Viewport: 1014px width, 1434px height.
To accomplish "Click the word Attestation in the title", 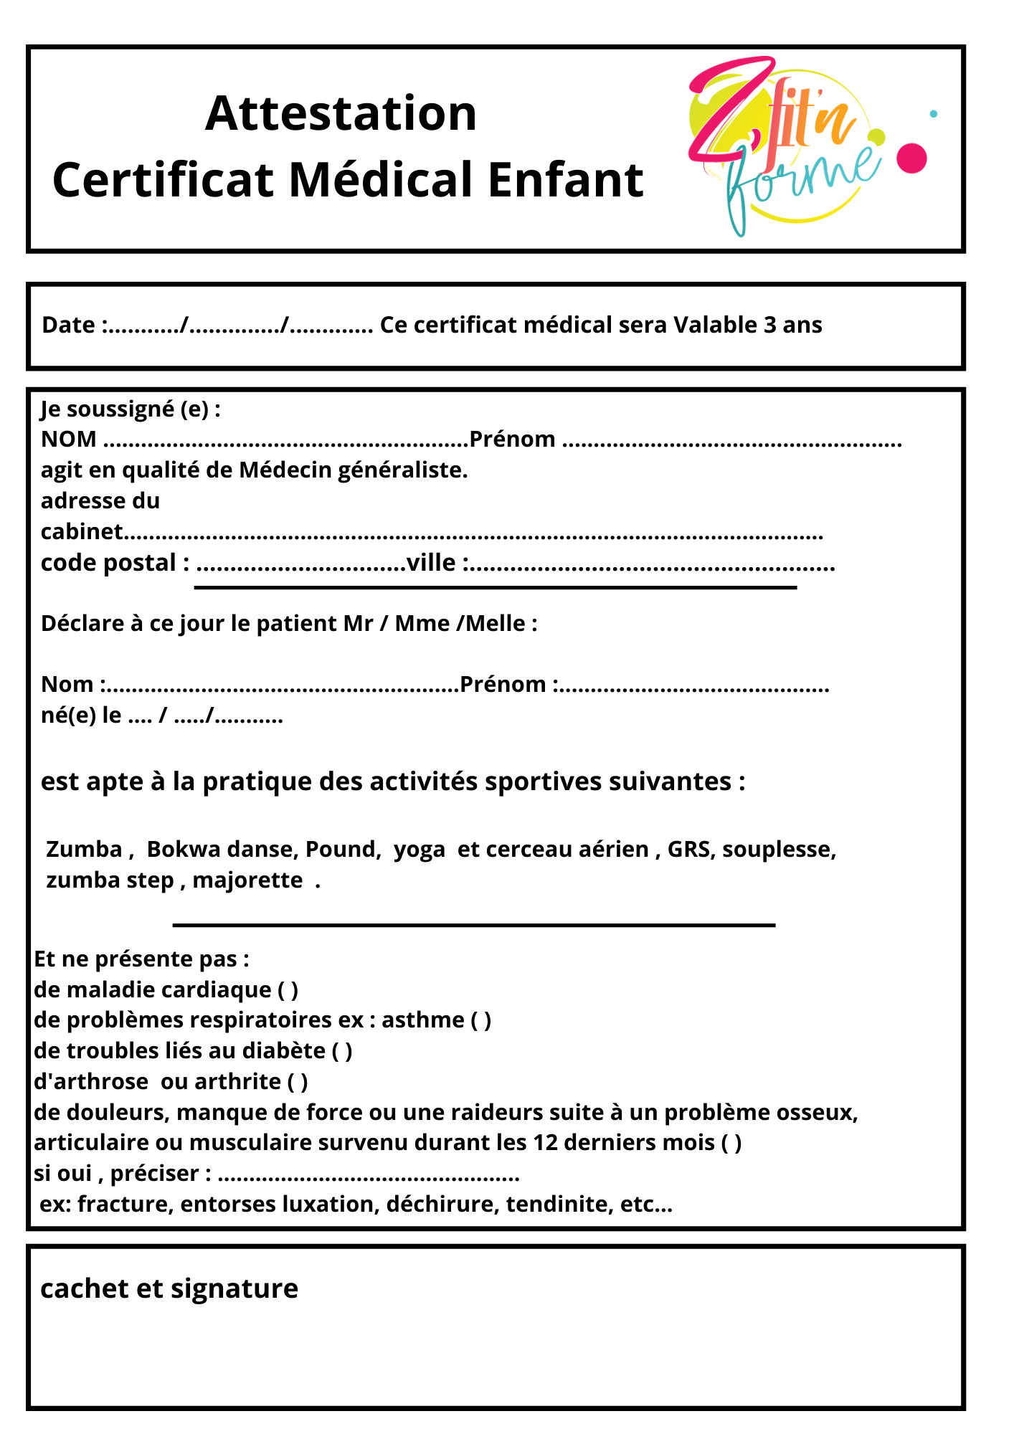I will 341,113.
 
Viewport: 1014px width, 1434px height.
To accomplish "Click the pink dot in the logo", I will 911,158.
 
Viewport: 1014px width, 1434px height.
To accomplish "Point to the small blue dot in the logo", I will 933,113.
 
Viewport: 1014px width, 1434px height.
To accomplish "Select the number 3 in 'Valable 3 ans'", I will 769,325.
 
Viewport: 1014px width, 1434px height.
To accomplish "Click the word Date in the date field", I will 68,325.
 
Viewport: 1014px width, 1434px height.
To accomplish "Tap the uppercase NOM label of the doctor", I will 68,439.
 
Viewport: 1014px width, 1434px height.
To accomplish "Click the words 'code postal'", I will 108,563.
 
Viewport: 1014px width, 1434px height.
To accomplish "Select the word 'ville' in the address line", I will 431,563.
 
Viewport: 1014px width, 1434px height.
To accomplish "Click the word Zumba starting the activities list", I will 84,849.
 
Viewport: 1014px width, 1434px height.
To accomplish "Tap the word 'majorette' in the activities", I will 247,880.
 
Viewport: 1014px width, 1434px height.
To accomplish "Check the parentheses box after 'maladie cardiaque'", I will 288,989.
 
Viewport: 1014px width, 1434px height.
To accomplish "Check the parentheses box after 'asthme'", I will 480,1020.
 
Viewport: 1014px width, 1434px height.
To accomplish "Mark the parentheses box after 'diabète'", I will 342,1050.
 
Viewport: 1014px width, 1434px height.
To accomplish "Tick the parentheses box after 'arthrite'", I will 298,1081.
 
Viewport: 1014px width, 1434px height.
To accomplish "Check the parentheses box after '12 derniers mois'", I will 731,1142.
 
